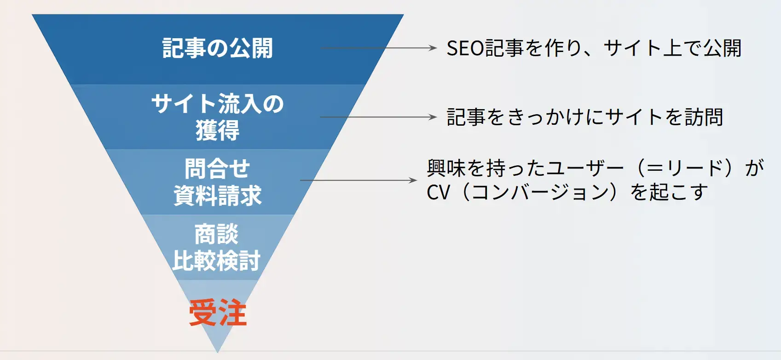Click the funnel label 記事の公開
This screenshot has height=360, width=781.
[x=218, y=48]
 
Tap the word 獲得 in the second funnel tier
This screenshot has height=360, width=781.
[x=218, y=130]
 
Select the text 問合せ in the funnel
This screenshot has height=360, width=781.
[x=217, y=168]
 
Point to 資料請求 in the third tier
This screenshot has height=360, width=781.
[x=218, y=195]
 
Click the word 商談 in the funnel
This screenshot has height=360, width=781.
[x=216, y=234]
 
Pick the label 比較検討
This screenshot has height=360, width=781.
[x=216, y=261]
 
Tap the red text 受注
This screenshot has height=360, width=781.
[x=218, y=313]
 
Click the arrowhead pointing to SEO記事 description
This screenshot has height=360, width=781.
[x=433, y=48]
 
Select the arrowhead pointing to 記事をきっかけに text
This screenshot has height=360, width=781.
[x=433, y=117]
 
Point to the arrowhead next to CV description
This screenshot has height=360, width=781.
[x=413, y=180]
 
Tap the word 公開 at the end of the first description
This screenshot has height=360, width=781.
[x=722, y=48]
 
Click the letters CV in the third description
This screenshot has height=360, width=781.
[x=438, y=192]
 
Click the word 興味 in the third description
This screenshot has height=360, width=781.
[x=446, y=168]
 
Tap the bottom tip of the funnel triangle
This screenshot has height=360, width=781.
[x=218, y=352]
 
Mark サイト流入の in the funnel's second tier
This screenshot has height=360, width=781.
[x=218, y=104]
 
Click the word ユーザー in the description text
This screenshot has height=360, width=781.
[x=584, y=168]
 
